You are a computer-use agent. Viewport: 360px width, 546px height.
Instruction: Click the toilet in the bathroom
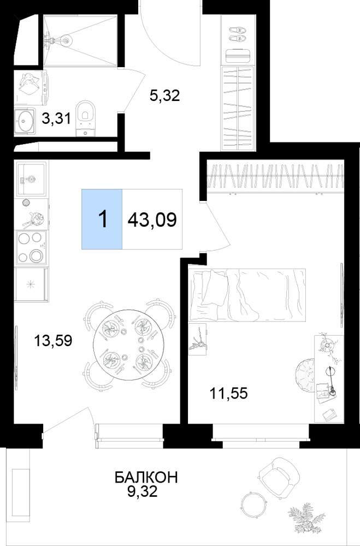click(x=85, y=118)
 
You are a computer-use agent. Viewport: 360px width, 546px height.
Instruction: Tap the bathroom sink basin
click(x=25, y=121)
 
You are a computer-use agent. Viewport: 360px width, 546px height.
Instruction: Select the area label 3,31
click(x=56, y=118)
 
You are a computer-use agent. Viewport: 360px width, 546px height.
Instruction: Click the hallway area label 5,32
click(x=164, y=95)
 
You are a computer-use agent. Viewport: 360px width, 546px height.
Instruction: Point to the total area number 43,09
click(x=152, y=219)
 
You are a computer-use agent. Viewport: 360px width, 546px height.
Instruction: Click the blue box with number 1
click(x=102, y=219)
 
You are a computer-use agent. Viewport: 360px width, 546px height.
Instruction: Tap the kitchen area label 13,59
click(x=53, y=340)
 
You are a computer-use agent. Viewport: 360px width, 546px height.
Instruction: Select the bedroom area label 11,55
click(x=228, y=394)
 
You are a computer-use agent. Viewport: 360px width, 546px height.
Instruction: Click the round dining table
click(x=127, y=344)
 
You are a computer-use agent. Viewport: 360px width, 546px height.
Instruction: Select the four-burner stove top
click(x=31, y=247)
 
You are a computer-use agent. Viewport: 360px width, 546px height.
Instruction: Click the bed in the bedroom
click(x=247, y=295)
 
